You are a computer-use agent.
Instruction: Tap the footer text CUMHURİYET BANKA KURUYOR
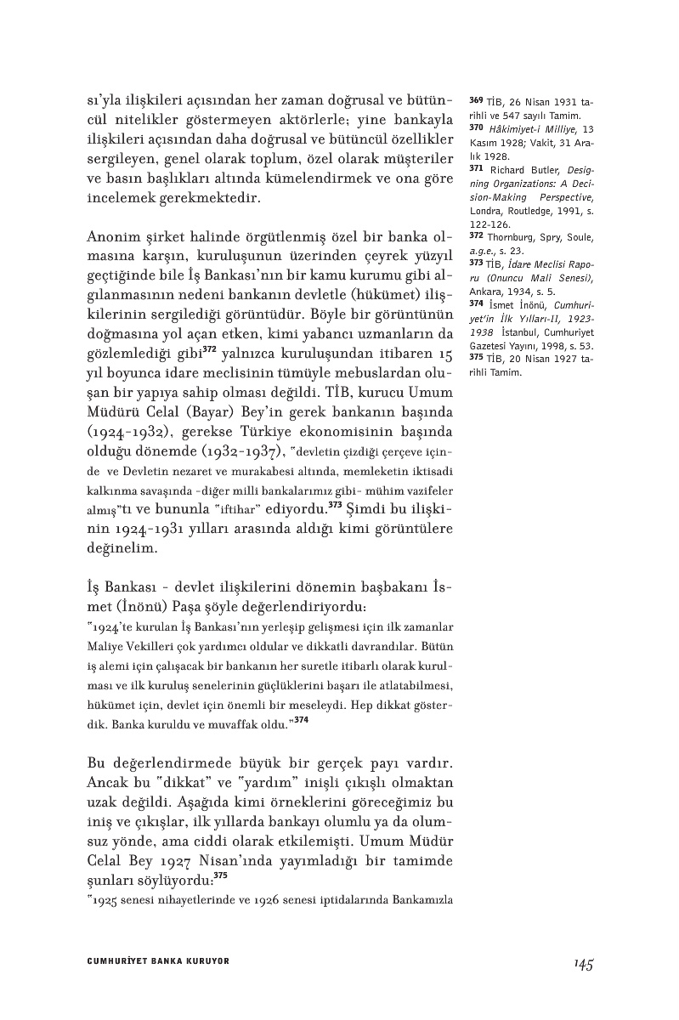[159, 961]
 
